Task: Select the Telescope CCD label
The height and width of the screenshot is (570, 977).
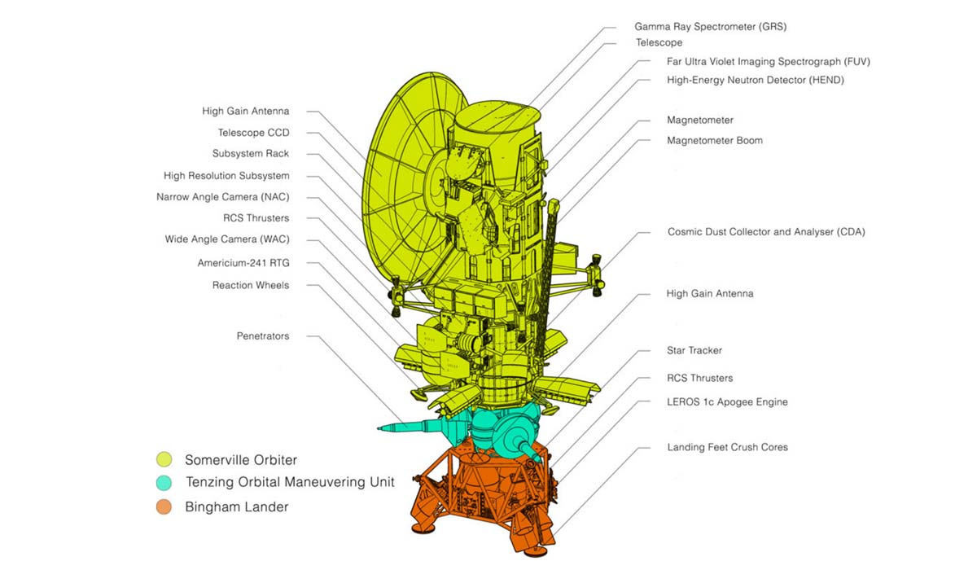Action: pos(253,133)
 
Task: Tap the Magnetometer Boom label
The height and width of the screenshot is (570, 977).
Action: pos(714,141)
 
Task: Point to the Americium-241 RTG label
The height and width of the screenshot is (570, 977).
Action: pos(243,263)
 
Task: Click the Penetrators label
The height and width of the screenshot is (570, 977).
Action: pos(262,336)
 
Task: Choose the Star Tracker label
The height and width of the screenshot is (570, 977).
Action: pos(694,351)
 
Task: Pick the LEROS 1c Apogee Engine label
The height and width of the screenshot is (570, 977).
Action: pos(727,402)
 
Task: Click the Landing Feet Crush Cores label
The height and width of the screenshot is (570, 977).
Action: pos(727,447)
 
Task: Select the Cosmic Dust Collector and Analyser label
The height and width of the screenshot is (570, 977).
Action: pos(765,232)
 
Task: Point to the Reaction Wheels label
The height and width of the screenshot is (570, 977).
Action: pos(250,285)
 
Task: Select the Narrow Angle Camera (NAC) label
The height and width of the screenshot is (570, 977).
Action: pos(222,197)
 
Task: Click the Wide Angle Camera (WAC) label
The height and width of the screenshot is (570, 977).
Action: pos(226,239)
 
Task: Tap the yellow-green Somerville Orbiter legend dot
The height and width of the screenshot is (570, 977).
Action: pos(165,460)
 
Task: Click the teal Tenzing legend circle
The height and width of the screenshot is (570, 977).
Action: pos(165,483)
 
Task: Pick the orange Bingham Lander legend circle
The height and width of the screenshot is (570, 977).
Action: pos(165,506)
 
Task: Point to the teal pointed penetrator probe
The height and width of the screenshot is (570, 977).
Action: pos(407,426)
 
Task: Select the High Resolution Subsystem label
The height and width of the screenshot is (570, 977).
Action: pos(226,176)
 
